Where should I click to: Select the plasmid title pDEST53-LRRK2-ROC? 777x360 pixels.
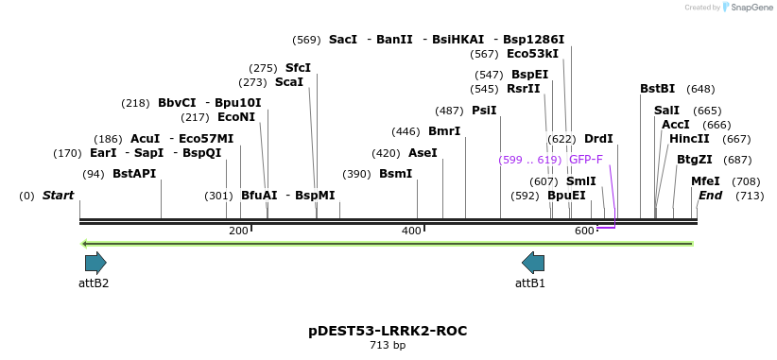tap(388, 331)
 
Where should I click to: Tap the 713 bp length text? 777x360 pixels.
tap(388, 346)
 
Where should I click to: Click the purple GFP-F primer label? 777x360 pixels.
tap(586, 160)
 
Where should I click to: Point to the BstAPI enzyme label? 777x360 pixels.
tap(134, 174)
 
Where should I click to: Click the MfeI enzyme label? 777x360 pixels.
tap(705, 181)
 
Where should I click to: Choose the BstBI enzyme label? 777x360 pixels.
tap(657, 89)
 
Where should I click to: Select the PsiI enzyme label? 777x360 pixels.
tap(484, 111)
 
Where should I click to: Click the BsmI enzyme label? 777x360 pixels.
tap(396, 174)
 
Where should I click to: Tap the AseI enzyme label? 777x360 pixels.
tap(423, 153)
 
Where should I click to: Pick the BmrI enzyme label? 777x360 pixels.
tap(444, 131)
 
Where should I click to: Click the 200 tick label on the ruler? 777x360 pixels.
tap(238, 231)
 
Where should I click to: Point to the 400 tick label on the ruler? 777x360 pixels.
tap(411, 231)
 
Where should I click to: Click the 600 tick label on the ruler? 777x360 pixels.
tap(583, 231)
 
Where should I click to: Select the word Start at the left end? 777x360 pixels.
tap(58, 196)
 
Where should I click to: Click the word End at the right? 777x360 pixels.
tap(710, 196)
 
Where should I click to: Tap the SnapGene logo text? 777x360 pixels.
tap(751, 8)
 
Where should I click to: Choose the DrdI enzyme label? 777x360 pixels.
tap(598, 139)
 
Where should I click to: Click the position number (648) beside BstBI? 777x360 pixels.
tap(700, 89)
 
